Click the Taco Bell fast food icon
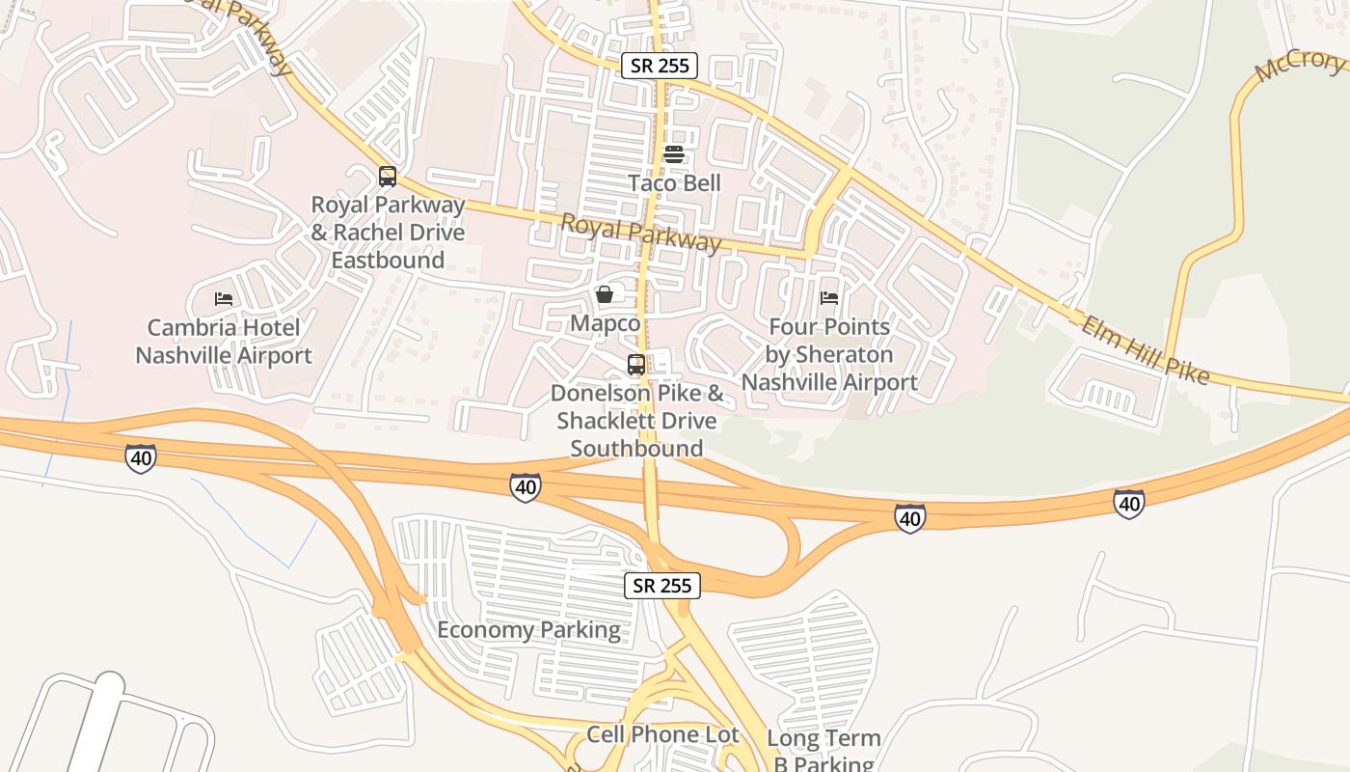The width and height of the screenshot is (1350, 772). click(x=674, y=154)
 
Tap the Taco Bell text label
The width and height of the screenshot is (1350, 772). click(x=674, y=182)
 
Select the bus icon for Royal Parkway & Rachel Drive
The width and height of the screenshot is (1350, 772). click(x=387, y=177)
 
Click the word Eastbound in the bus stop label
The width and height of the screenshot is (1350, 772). click(x=388, y=260)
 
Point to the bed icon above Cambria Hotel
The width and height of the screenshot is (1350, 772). click(x=224, y=299)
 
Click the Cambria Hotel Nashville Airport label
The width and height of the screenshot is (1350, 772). click(x=224, y=342)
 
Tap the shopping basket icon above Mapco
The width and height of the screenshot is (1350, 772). click(x=605, y=294)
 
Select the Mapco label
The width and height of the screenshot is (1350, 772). click(x=605, y=322)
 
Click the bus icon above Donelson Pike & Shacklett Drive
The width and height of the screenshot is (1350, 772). click(x=636, y=365)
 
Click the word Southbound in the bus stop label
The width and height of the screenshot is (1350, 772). click(x=636, y=448)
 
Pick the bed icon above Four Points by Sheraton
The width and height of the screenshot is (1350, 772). click(x=829, y=298)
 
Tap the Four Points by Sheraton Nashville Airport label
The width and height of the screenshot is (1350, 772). click(x=829, y=354)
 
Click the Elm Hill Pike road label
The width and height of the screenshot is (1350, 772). click(x=1145, y=349)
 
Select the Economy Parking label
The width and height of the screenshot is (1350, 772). click(x=528, y=630)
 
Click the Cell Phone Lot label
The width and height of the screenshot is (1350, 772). click(x=663, y=734)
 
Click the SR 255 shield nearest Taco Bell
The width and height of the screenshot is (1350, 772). click(x=659, y=66)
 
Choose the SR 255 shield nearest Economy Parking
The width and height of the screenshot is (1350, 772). click(x=662, y=585)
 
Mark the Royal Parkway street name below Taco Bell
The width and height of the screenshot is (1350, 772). click(x=640, y=233)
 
